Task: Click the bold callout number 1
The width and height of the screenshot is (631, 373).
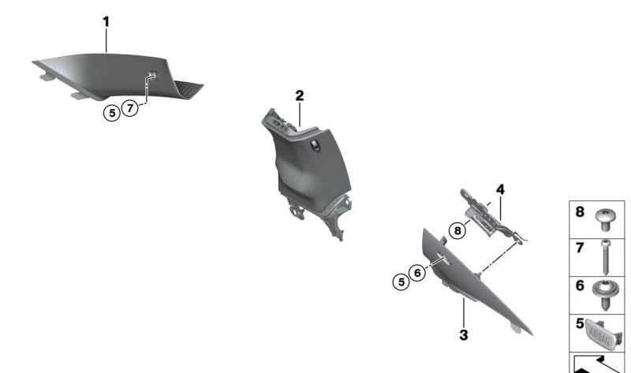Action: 106,22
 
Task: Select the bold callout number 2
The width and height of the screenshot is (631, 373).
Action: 300,95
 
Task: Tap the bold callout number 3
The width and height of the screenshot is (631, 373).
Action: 464,335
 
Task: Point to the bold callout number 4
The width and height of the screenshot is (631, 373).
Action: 499,189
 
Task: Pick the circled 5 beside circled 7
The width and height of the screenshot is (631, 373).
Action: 112,113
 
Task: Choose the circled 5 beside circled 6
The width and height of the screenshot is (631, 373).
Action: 401,279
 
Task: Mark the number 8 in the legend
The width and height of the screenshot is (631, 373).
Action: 579,211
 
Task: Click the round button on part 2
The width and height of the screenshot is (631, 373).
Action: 315,144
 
